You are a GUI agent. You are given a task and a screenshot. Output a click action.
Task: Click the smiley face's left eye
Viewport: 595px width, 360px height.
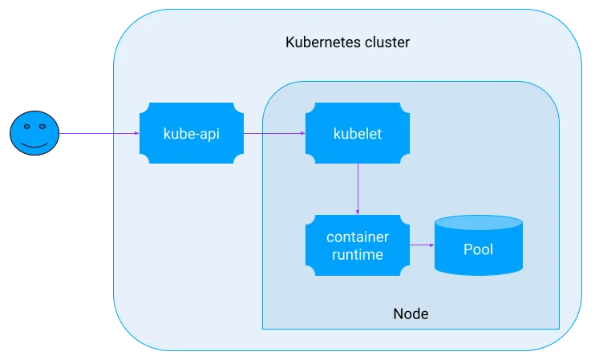point(26,126)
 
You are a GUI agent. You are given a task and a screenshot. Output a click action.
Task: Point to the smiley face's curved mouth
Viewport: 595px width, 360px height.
point(34,142)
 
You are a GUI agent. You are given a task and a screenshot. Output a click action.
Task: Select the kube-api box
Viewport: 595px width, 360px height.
point(191,134)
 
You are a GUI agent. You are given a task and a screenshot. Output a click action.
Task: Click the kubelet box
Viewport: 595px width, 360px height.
point(357,134)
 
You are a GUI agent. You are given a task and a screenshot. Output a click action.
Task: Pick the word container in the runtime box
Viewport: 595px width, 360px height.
point(357,237)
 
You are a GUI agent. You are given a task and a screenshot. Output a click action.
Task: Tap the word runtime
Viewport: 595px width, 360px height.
point(357,255)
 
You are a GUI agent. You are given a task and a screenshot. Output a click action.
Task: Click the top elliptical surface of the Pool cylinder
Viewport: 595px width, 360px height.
point(478,223)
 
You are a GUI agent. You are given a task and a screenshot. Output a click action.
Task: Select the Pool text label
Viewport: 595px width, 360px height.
point(478,249)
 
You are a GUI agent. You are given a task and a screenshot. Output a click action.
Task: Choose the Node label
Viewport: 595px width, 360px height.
point(411,313)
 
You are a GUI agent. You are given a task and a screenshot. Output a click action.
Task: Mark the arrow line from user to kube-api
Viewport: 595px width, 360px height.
point(96,134)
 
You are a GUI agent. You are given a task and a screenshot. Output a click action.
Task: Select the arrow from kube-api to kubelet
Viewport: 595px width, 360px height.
point(273,134)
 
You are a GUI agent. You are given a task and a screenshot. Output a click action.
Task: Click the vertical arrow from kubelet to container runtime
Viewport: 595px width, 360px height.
point(357,184)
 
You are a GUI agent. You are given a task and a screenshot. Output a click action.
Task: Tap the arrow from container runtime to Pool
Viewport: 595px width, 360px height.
point(421,245)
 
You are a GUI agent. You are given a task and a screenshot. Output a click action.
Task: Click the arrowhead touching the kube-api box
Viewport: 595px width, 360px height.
point(136,134)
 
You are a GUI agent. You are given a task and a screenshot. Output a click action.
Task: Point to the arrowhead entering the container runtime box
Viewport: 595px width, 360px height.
point(357,211)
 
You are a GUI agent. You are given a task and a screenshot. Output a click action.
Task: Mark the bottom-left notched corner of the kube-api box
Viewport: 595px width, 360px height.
point(143,163)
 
